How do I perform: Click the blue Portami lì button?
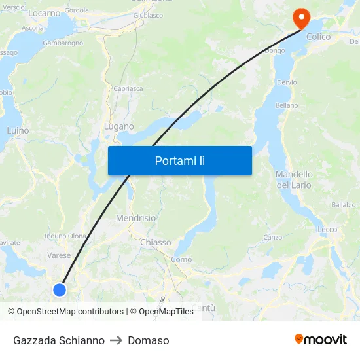pyautogui.click(x=179, y=160)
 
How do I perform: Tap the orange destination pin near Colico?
pyautogui.click(x=301, y=18)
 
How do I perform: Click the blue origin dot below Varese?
pyautogui.click(x=60, y=289)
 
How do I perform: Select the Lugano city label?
pyautogui.click(x=118, y=126)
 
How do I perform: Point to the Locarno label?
pyautogui.click(x=45, y=12)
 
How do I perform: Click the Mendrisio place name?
pyautogui.click(x=135, y=218)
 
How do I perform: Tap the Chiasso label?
pyautogui.click(x=155, y=242)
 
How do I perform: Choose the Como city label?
pyautogui.click(x=181, y=259)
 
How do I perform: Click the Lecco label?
pyautogui.click(x=327, y=230)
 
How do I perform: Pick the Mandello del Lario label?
pyautogui.click(x=294, y=179)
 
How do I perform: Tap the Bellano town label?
pyautogui.click(x=287, y=105)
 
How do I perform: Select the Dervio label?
pyautogui.click(x=287, y=82)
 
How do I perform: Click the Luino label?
pyautogui.click(x=18, y=130)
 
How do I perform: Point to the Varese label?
pyautogui.click(x=59, y=255)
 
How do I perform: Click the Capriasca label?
pyautogui.click(x=128, y=89)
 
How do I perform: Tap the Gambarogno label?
pyautogui.click(x=63, y=43)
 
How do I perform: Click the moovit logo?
pyautogui.click(x=320, y=339)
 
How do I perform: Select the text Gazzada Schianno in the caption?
pyautogui.click(x=59, y=340)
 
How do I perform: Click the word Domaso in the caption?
pyautogui.click(x=149, y=340)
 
